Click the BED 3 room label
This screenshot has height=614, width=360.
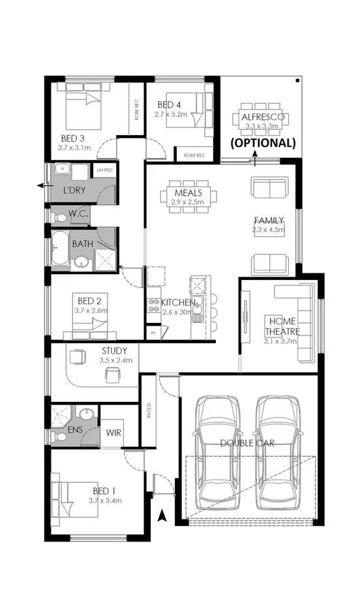click(73, 138)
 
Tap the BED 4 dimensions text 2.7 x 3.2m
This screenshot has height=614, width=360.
click(171, 114)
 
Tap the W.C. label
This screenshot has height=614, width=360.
click(78, 213)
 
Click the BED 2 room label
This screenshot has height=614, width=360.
click(89, 301)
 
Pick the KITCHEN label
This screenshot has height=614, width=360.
click(178, 303)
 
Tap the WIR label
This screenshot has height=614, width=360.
click(113, 431)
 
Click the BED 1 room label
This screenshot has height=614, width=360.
click(105, 491)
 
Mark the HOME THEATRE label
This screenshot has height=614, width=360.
click(282, 326)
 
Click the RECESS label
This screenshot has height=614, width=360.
click(149, 410)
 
